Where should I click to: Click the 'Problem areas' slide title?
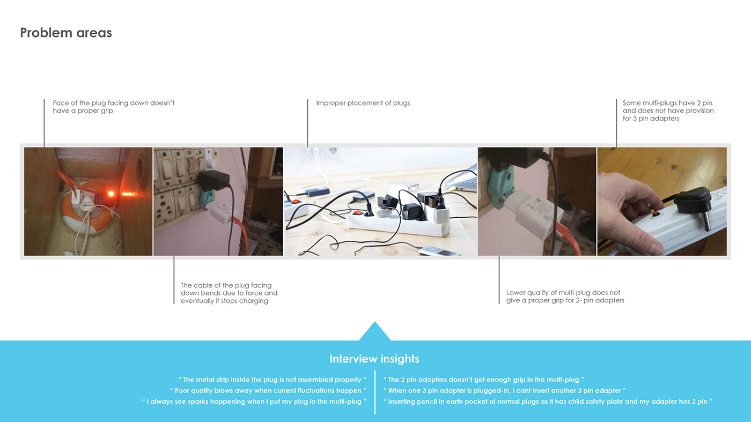(x=66, y=33)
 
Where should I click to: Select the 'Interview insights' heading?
(x=374, y=359)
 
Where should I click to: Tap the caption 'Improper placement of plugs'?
(x=363, y=103)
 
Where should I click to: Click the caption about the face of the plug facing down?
(x=114, y=107)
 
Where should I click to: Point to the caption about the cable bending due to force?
(x=229, y=293)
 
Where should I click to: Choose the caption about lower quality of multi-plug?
(x=565, y=297)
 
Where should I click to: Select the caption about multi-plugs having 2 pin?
(x=668, y=110)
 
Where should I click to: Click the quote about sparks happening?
(x=254, y=402)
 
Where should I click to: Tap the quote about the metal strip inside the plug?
(x=272, y=380)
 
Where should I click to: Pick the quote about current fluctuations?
(x=268, y=391)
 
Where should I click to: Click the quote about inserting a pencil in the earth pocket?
(x=548, y=402)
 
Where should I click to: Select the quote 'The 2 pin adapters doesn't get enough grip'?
(x=483, y=380)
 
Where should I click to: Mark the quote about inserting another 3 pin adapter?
(x=504, y=391)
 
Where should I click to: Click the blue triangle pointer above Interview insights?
(x=374, y=332)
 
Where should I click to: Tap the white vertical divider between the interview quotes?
(x=375, y=391)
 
